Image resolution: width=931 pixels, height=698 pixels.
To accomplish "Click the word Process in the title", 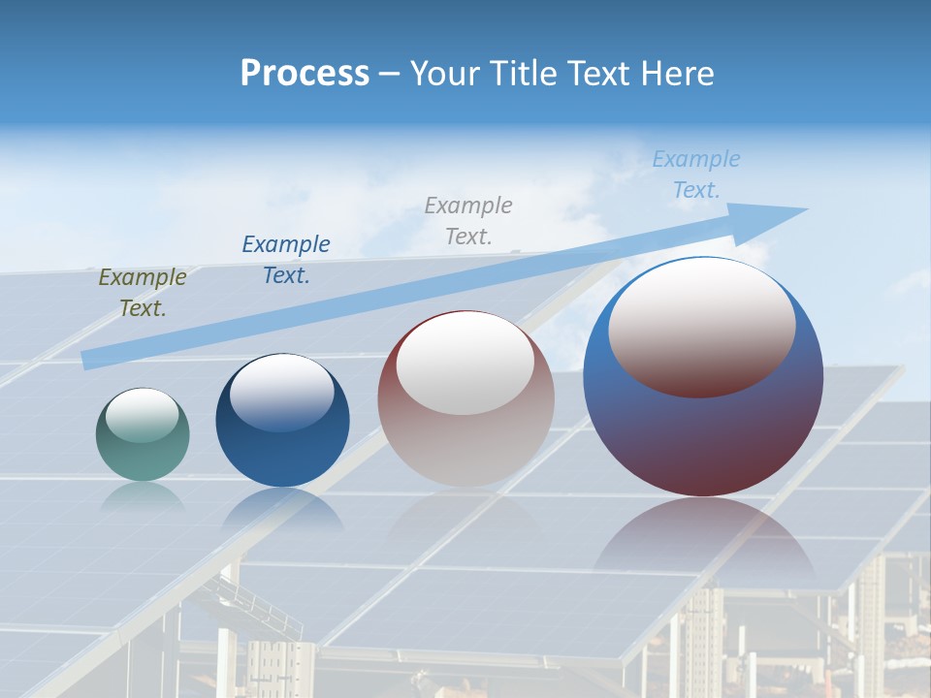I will (x=305, y=74).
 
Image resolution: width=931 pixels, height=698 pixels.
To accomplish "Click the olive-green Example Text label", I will (x=143, y=293).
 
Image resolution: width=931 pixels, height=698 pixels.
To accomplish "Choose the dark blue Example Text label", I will (x=286, y=259).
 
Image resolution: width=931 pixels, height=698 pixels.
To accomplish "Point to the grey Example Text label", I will (x=468, y=220).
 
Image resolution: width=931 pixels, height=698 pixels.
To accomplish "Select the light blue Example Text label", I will (x=696, y=174).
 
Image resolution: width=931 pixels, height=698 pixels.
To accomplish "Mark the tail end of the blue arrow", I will (x=89, y=359).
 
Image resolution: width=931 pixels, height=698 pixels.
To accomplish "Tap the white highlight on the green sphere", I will (x=142, y=415).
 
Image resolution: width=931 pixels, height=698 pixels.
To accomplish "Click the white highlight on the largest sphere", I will (x=702, y=327).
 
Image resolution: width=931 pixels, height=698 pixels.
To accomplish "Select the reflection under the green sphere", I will (x=143, y=495).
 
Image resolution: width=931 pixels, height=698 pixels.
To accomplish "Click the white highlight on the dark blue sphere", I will (x=282, y=393).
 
